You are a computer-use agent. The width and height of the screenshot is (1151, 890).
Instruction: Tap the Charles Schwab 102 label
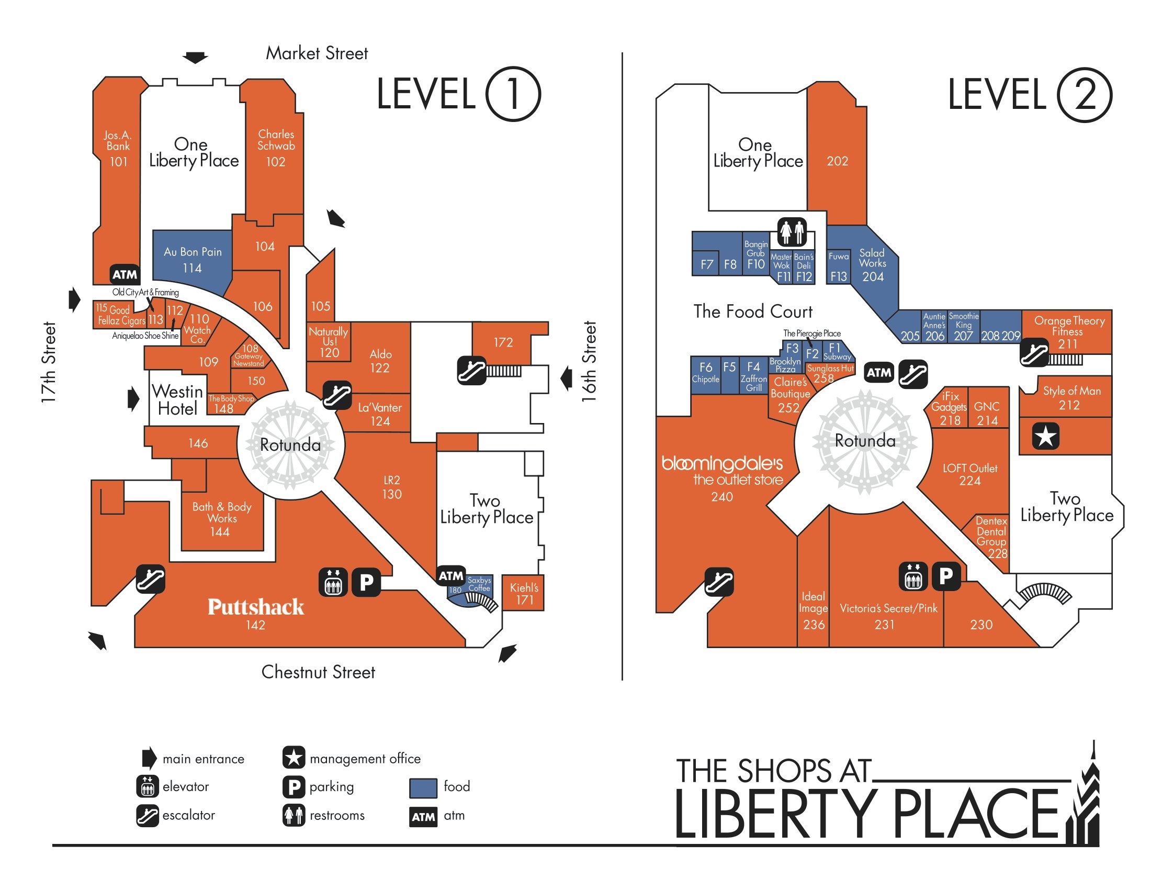(x=276, y=148)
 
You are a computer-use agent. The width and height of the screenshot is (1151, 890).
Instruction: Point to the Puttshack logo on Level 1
(x=256, y=607)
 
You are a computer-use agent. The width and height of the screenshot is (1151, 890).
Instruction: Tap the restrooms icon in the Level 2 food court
(x=792, y=231)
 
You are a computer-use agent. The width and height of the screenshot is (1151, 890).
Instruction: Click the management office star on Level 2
(x=1046, y=436)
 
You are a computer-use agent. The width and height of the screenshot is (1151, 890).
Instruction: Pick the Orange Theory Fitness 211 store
(x=1067, y=331)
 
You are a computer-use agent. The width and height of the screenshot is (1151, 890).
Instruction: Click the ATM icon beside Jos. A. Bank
(x=125, y=274)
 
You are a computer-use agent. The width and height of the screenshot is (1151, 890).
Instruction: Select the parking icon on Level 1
(x=366, y=582)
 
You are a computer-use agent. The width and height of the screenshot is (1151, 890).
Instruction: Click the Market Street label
(x=317, y=53)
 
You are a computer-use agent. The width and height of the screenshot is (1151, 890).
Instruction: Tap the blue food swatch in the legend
(x=423, y=788)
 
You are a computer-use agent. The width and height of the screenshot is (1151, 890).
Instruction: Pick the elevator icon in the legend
(x=147, y=786)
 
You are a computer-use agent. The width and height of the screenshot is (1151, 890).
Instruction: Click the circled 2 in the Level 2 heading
(x=1085, y=95)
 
